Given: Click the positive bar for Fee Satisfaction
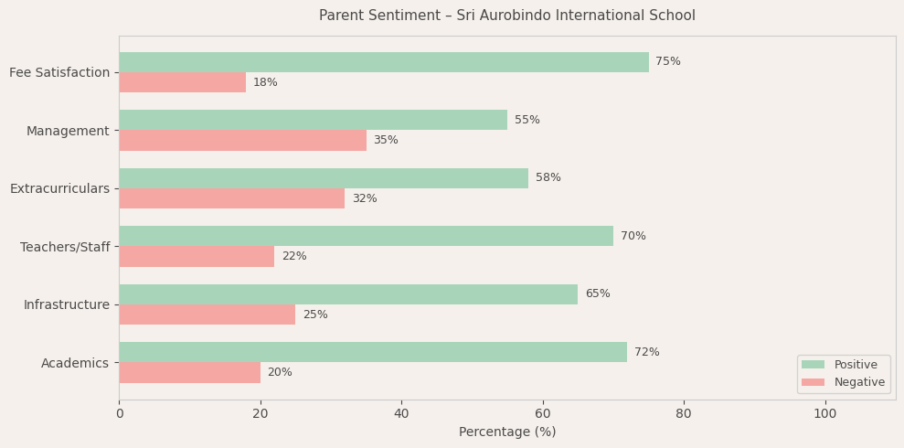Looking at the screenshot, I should click(x=384, y=62).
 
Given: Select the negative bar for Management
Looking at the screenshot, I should click(x=242, y=141).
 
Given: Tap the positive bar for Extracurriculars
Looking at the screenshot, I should click(x=324, y=178).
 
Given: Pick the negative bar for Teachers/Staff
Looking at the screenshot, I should click(x=197, y=257).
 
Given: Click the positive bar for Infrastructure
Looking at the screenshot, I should click(x=348, y=294).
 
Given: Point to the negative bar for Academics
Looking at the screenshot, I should click(x=189, y=373).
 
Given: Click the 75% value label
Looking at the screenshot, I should click(x=668, y=62).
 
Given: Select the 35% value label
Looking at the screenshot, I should click(x=386, y=141).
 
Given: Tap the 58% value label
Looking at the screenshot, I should click(x=548, y=178).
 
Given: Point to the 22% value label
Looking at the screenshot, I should click(x=294, y=257).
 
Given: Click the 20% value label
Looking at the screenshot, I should click(x=280, y=373).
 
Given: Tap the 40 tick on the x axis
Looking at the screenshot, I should click(x=401, y=414).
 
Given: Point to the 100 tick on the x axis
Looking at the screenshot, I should click(x=825, y=414).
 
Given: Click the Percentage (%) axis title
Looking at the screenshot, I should click(x=507, y=432).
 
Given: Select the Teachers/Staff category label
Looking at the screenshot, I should click(x=65, y=248).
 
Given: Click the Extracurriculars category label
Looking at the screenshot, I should click(x=59, y=189).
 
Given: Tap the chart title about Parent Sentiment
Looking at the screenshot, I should click(x=507, y=16).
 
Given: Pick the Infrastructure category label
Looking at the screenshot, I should click(x=67, y=305).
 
